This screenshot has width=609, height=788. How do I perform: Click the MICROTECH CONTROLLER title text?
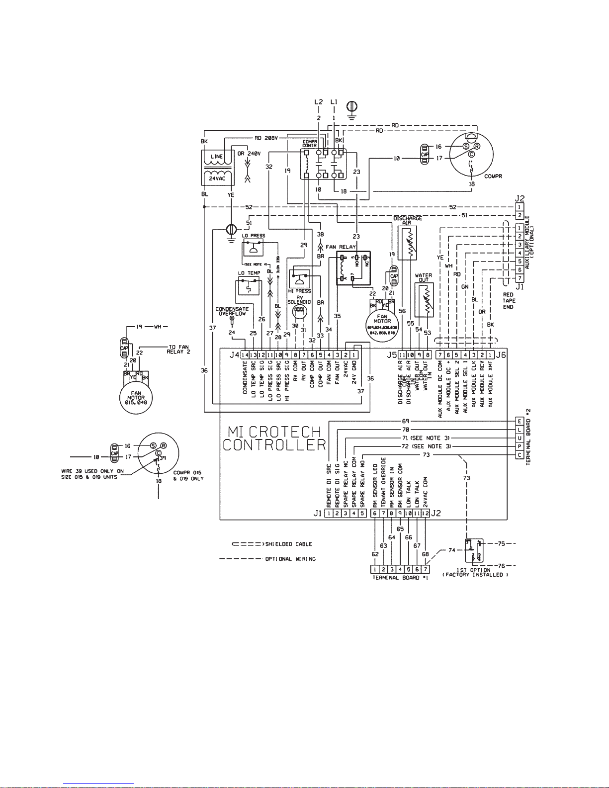274,438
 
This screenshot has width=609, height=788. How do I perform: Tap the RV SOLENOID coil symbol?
299,312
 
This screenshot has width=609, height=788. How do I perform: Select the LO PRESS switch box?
254,249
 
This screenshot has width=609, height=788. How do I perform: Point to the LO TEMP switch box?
248,287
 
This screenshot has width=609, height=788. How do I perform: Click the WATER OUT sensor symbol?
424,300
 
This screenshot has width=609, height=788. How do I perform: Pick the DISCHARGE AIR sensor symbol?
407,243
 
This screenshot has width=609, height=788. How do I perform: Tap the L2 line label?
319,102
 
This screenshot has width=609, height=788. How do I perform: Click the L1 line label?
334,102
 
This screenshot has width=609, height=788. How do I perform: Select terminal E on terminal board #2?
520,422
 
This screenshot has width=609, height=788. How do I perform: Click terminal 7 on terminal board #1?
426,569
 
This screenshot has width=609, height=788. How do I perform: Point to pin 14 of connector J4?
245,355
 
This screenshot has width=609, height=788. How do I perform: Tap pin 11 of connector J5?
402,355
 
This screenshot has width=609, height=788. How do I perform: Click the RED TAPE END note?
509,301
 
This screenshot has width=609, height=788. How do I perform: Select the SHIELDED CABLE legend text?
288,544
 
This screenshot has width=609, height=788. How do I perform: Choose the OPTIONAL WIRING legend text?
290,559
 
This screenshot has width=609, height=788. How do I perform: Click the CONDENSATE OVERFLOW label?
232,311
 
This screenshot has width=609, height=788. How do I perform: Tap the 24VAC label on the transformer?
217,178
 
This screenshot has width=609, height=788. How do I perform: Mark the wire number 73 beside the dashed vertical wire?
466,478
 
